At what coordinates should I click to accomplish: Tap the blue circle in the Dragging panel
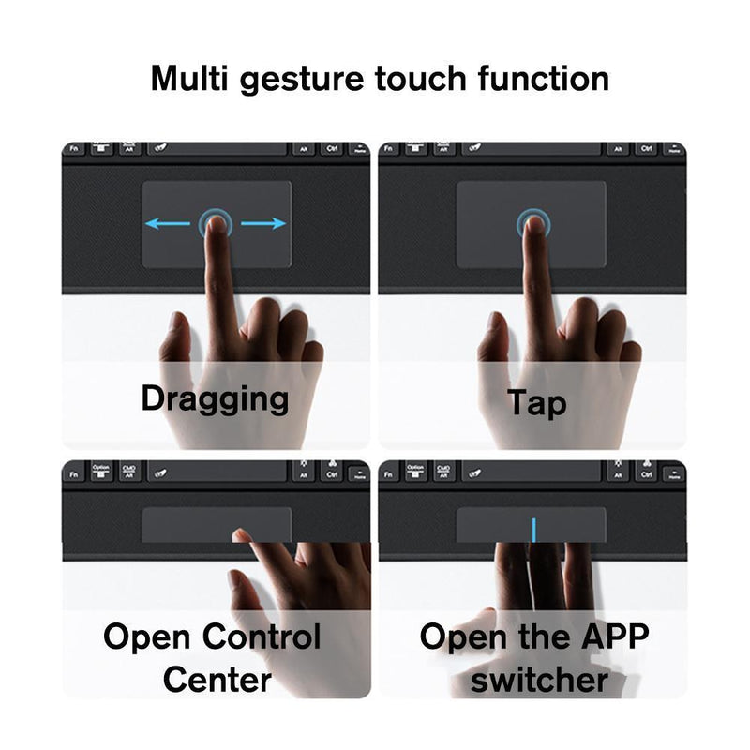(x=215, y=223)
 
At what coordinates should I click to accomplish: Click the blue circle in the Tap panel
(x=533, y=223)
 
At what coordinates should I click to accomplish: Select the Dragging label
(x=215, y=398)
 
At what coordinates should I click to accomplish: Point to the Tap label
(x=536, y=402)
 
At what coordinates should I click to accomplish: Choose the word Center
(x=217, y=679)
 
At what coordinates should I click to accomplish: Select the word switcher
(x=539, y=679)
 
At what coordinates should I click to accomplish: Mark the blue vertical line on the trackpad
(x=533, y=530)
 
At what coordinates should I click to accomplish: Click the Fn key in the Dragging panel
(x=74, y=148)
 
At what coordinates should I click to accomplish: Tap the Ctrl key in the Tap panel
(x=646, y=148)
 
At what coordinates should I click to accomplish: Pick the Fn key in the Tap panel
(x=390, y=148)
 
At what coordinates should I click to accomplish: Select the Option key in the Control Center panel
(x=100, y=470)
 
